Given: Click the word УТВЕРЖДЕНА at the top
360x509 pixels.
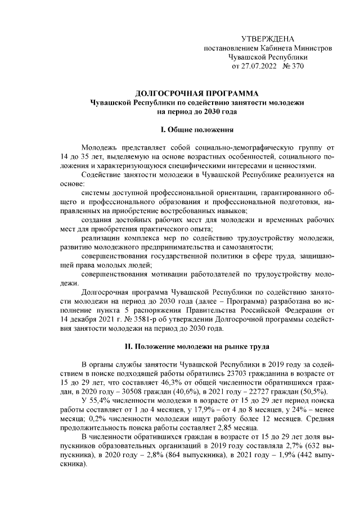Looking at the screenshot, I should pos(267,39).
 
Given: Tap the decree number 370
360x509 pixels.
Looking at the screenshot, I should pos(296,66).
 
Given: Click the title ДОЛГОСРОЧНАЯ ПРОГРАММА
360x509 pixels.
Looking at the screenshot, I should pos(197,93).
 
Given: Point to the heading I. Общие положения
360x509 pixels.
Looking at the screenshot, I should pos(197,130).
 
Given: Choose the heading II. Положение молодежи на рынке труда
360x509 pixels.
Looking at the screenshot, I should pos(197,345).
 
